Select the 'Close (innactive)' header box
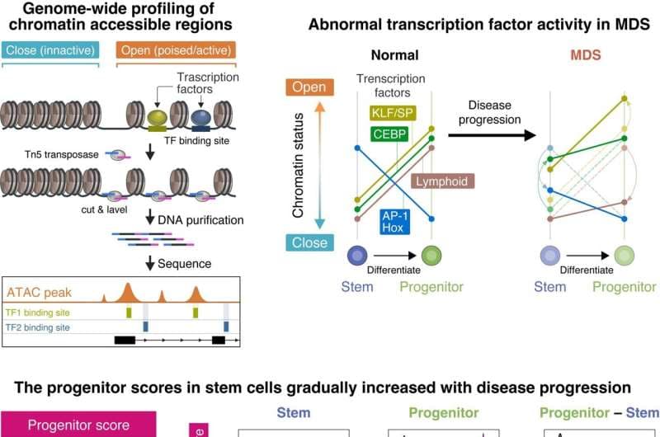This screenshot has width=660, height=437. [x=50, y=49]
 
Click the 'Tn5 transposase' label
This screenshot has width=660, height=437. [x=49, y=153]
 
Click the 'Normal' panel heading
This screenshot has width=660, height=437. [x=394, y=56]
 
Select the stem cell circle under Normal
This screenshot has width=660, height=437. [x=357, y=256]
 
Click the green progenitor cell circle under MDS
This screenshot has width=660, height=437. [x=625, y=256]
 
